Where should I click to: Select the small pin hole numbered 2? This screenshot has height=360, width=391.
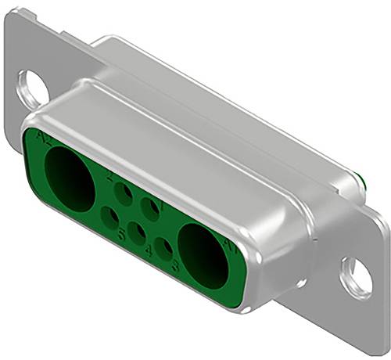pos(124,193)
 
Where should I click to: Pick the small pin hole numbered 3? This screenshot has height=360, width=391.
pos(164,249)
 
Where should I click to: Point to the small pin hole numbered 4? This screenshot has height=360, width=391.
pos(137,232)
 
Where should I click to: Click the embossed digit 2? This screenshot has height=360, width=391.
pos(110,176)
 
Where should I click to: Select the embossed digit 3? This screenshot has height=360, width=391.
pos(175,266)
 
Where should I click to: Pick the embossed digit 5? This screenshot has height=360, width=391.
pos(121,233)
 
